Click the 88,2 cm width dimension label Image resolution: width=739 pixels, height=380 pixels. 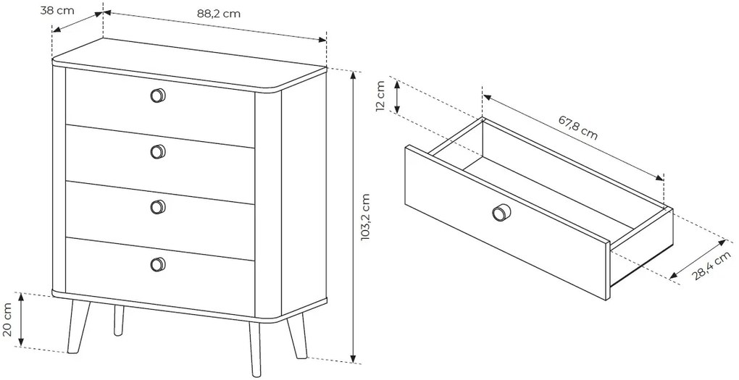(219, 14)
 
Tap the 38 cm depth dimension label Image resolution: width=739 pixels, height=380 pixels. (57, 10)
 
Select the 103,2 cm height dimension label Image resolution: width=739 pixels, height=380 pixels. (366, 217)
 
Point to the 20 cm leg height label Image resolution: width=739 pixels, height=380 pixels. (7, 319)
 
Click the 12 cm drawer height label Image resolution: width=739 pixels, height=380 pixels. (381, 96)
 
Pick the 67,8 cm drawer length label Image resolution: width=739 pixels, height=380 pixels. (578, 127)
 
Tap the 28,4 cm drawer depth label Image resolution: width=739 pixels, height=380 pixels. (711, 266)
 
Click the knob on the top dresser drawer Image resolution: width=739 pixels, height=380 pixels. (159, 96)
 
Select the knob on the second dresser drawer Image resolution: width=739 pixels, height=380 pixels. (159, 151)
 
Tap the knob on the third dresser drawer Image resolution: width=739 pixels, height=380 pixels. (159, 207)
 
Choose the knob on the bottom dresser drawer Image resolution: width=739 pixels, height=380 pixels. (159, 264)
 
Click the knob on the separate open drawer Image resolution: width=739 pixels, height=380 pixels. (501, 212)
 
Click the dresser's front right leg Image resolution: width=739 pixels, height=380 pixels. (255, 349)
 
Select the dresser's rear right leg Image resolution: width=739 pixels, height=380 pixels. (296, 336)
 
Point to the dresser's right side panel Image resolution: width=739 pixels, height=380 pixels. (304, 193)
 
